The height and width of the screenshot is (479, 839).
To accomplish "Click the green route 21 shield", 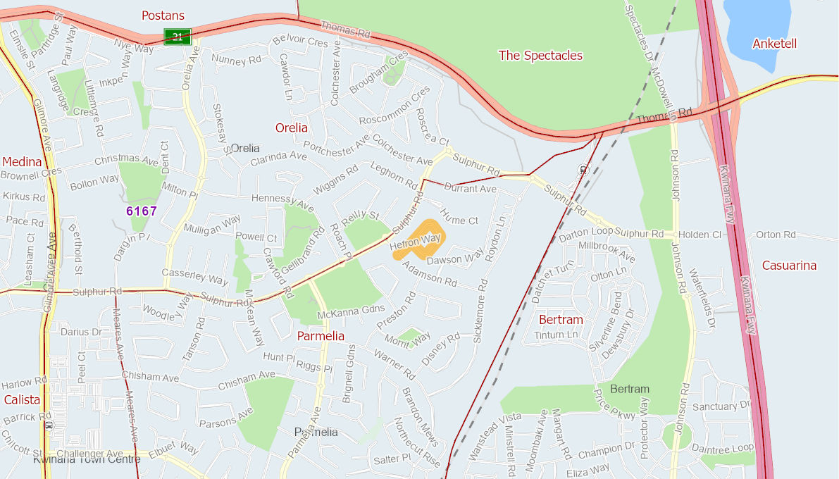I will click(178, 37).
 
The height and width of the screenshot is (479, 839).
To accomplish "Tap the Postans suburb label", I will click(163, 15).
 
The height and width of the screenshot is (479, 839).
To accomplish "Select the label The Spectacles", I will click(540, 55).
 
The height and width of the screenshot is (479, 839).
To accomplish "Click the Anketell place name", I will click(774, 44).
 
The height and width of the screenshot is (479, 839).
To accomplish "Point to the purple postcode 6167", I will click(142, 211).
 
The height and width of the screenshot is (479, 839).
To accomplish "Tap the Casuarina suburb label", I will click(789, 266).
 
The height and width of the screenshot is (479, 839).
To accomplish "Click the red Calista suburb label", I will click(22, 399).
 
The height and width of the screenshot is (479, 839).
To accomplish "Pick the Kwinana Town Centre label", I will click(87, 459).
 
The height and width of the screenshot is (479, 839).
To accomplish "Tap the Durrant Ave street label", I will click(470, 189).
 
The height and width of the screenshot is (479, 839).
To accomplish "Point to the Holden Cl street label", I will click(702, 235).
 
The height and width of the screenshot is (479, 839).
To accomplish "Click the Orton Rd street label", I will click(776, 235).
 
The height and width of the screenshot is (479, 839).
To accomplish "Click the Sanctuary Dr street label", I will click(722, 406).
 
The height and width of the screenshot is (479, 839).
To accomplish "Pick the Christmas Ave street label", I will click(127, 160).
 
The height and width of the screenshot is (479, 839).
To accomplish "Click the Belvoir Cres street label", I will click(299, 42).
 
